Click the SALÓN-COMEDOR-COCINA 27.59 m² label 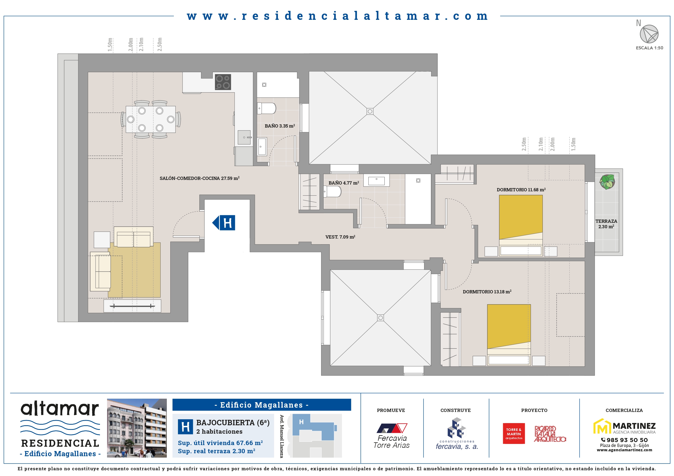click(x=199, y=178)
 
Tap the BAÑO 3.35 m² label click(x=280, y=126)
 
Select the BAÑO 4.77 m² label click(x=344, y=183)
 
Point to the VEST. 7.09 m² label click(x=340, y=237)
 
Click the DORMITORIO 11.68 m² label click(x=521, y=189)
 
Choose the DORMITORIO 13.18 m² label click(x=487, y=291)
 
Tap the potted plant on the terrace click(x=607, y=182)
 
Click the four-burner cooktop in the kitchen click(x=223, y=82)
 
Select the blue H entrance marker click(x=224, y=223)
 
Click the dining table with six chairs click(x=151, y=119)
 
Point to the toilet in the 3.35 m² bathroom click(x=267, y=108)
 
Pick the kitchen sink click(x=244, y=137)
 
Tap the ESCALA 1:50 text click(x=649, y=48)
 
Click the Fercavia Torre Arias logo click(x=391, y=436)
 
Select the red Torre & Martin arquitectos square click(x=514, y=433)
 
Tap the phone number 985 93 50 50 click(x=627, y=440)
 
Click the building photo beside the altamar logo click(x=137, y=428)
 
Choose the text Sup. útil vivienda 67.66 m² click(x=220, y=443)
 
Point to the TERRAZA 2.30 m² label click(x=606, y=224)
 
